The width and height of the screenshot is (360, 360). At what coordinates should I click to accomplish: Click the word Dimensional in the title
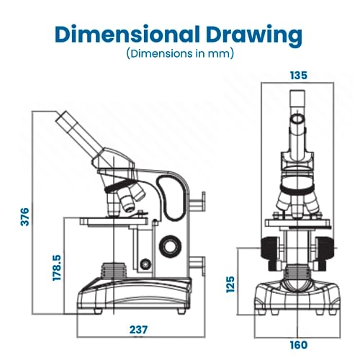[127, 35]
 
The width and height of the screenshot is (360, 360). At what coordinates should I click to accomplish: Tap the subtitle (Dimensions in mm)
[180, 53]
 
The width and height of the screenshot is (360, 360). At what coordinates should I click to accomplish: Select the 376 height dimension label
[24, 217]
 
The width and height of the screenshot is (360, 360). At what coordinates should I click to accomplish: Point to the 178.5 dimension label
[57, 268]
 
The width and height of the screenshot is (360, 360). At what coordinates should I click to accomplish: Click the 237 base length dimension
[138, 330]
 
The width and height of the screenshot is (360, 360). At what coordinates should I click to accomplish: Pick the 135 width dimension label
[299, 76]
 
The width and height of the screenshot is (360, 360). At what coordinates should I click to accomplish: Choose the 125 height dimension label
[230, 284]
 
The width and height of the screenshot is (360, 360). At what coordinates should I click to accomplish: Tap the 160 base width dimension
[299, 345]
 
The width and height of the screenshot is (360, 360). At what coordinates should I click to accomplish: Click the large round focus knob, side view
[170, 246]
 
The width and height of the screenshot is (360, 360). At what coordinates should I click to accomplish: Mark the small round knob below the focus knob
[145, 264]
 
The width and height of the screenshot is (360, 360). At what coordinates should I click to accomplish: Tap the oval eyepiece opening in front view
[297, 119]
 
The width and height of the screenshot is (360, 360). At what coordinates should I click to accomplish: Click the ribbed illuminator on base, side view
[114, 271]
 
